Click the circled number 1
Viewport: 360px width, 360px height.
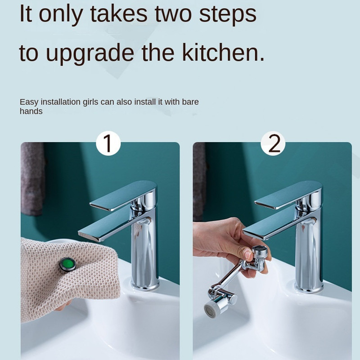(108, 143)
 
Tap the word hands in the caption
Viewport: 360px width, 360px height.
(31, 111)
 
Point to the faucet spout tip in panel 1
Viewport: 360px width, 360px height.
(84, 233)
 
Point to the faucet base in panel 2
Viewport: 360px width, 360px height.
(309, 286)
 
